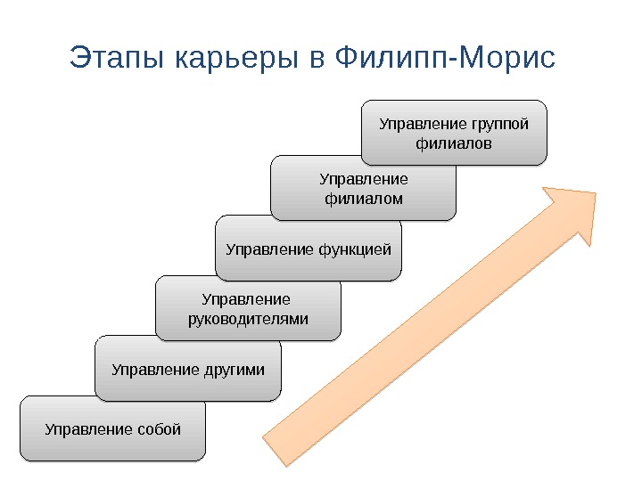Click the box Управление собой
(x=112, y=429)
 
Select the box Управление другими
(x=187, y=367)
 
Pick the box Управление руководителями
(x=248, y=308)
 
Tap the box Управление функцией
(x=309, y=248)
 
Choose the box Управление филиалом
(x=362, y=188)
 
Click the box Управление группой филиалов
(x=454, y=133)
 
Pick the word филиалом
(x=362, y=198)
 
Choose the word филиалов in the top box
(x=454, y=143)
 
